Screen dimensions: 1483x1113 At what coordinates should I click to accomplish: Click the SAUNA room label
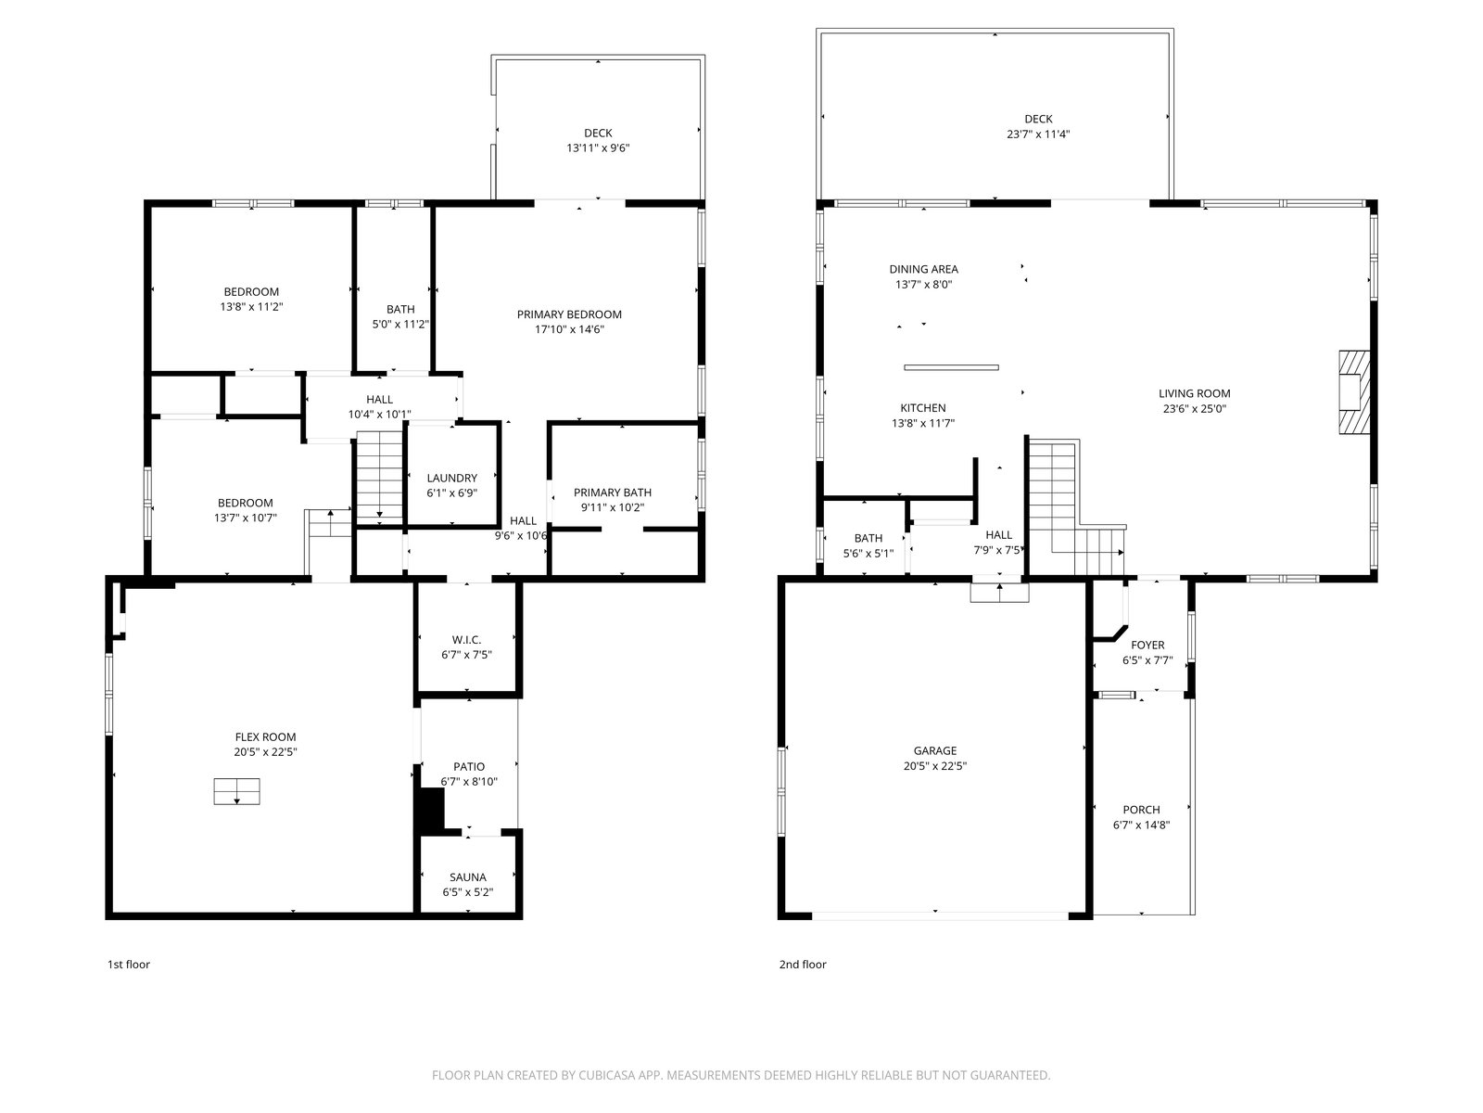pyautogui.click(x=467, y=877)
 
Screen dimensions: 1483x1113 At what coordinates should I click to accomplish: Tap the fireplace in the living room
pyautogui.click(x=1354, y=392)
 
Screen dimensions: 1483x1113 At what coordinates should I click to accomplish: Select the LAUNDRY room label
pyautogui.click(x=452, y=478)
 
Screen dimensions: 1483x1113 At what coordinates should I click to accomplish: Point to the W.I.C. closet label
pyautogui.click(x=466, y=639)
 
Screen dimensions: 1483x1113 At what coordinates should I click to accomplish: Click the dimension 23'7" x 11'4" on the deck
pyautogui.click(x=1038, y=134)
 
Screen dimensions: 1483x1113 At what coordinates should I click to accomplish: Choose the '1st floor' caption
pyautogui.click(x=128, y=965)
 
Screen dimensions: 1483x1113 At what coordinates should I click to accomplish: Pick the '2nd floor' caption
pyautogui.click(x=803, y=965)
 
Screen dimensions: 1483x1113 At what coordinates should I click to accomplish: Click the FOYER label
pyautogui.click(x=1147, y=645)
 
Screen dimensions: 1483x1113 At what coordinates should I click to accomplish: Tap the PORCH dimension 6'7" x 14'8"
pyautogui.click(x=1141, y=825)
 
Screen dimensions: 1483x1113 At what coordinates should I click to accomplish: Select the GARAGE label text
pyautogui.click(x=935, y=750)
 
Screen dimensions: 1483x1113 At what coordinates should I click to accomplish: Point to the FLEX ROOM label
pyautogui.click(x=265, y=736)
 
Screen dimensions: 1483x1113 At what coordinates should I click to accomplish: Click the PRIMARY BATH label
pyautogui.click(x=612, y=492)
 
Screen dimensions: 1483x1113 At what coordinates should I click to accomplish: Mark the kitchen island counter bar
pyautogui.click(x=951, y=367)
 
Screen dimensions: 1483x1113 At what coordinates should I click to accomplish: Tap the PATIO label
pyautogui.click(x=469, y=766)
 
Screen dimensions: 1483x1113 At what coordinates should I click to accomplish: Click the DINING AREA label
pyautogui.click(x=923, y=269)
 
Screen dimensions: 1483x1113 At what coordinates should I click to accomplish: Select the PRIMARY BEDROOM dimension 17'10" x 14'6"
pyautogui.click(x=569, y=329)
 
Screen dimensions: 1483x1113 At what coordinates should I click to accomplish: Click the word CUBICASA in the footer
pyautogui.click(x=607, y=1075)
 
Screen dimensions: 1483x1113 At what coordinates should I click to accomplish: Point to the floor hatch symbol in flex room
pyautogui.click(x=236, y=791)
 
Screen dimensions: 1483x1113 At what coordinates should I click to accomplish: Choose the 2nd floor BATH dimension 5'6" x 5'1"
pyautogui.click(x=868, y=553)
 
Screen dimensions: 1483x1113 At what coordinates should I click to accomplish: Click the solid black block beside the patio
pyautogui.click(x=430, y=808)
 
